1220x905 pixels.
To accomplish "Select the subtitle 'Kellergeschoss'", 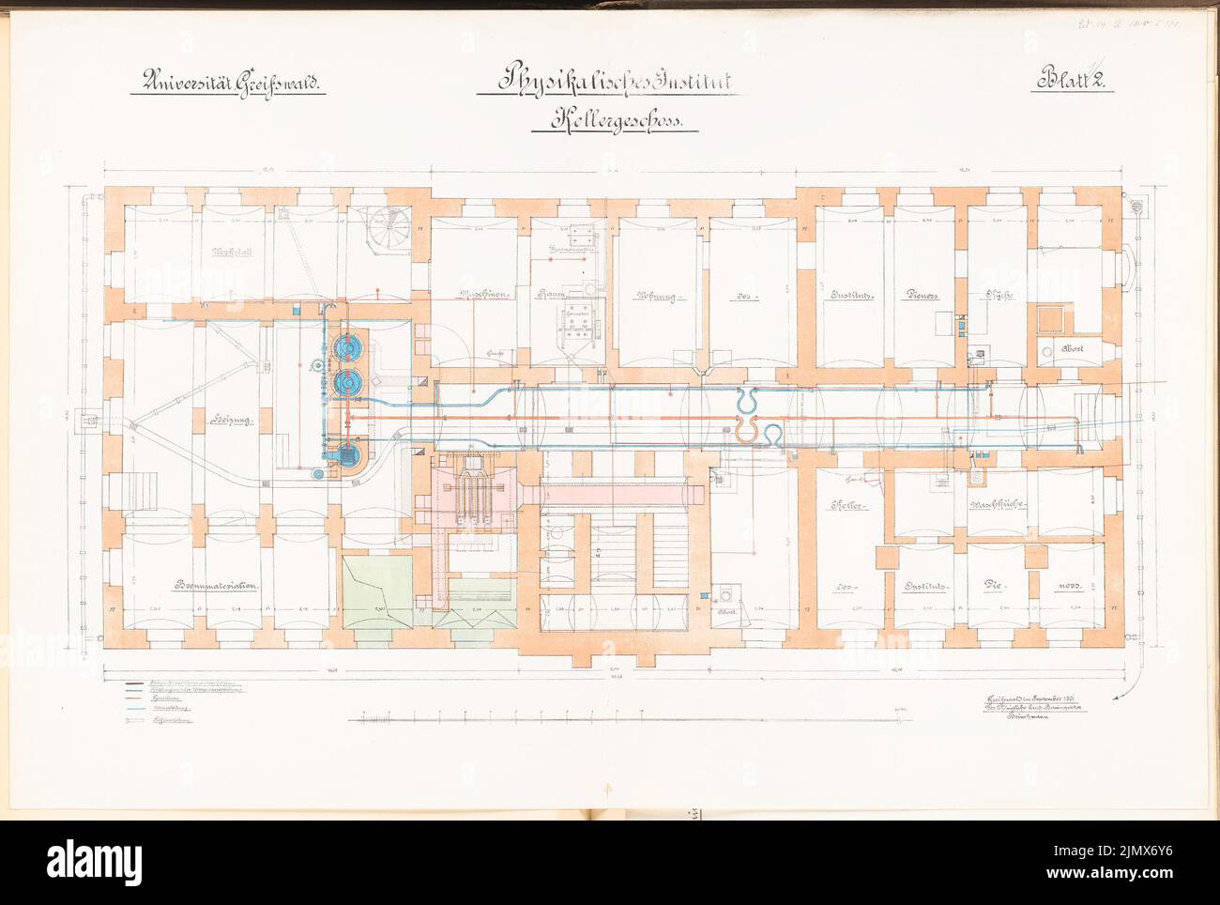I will [614, 121].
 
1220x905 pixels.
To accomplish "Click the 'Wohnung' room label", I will [657, 295].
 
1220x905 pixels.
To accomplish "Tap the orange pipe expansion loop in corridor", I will [747, 431].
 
